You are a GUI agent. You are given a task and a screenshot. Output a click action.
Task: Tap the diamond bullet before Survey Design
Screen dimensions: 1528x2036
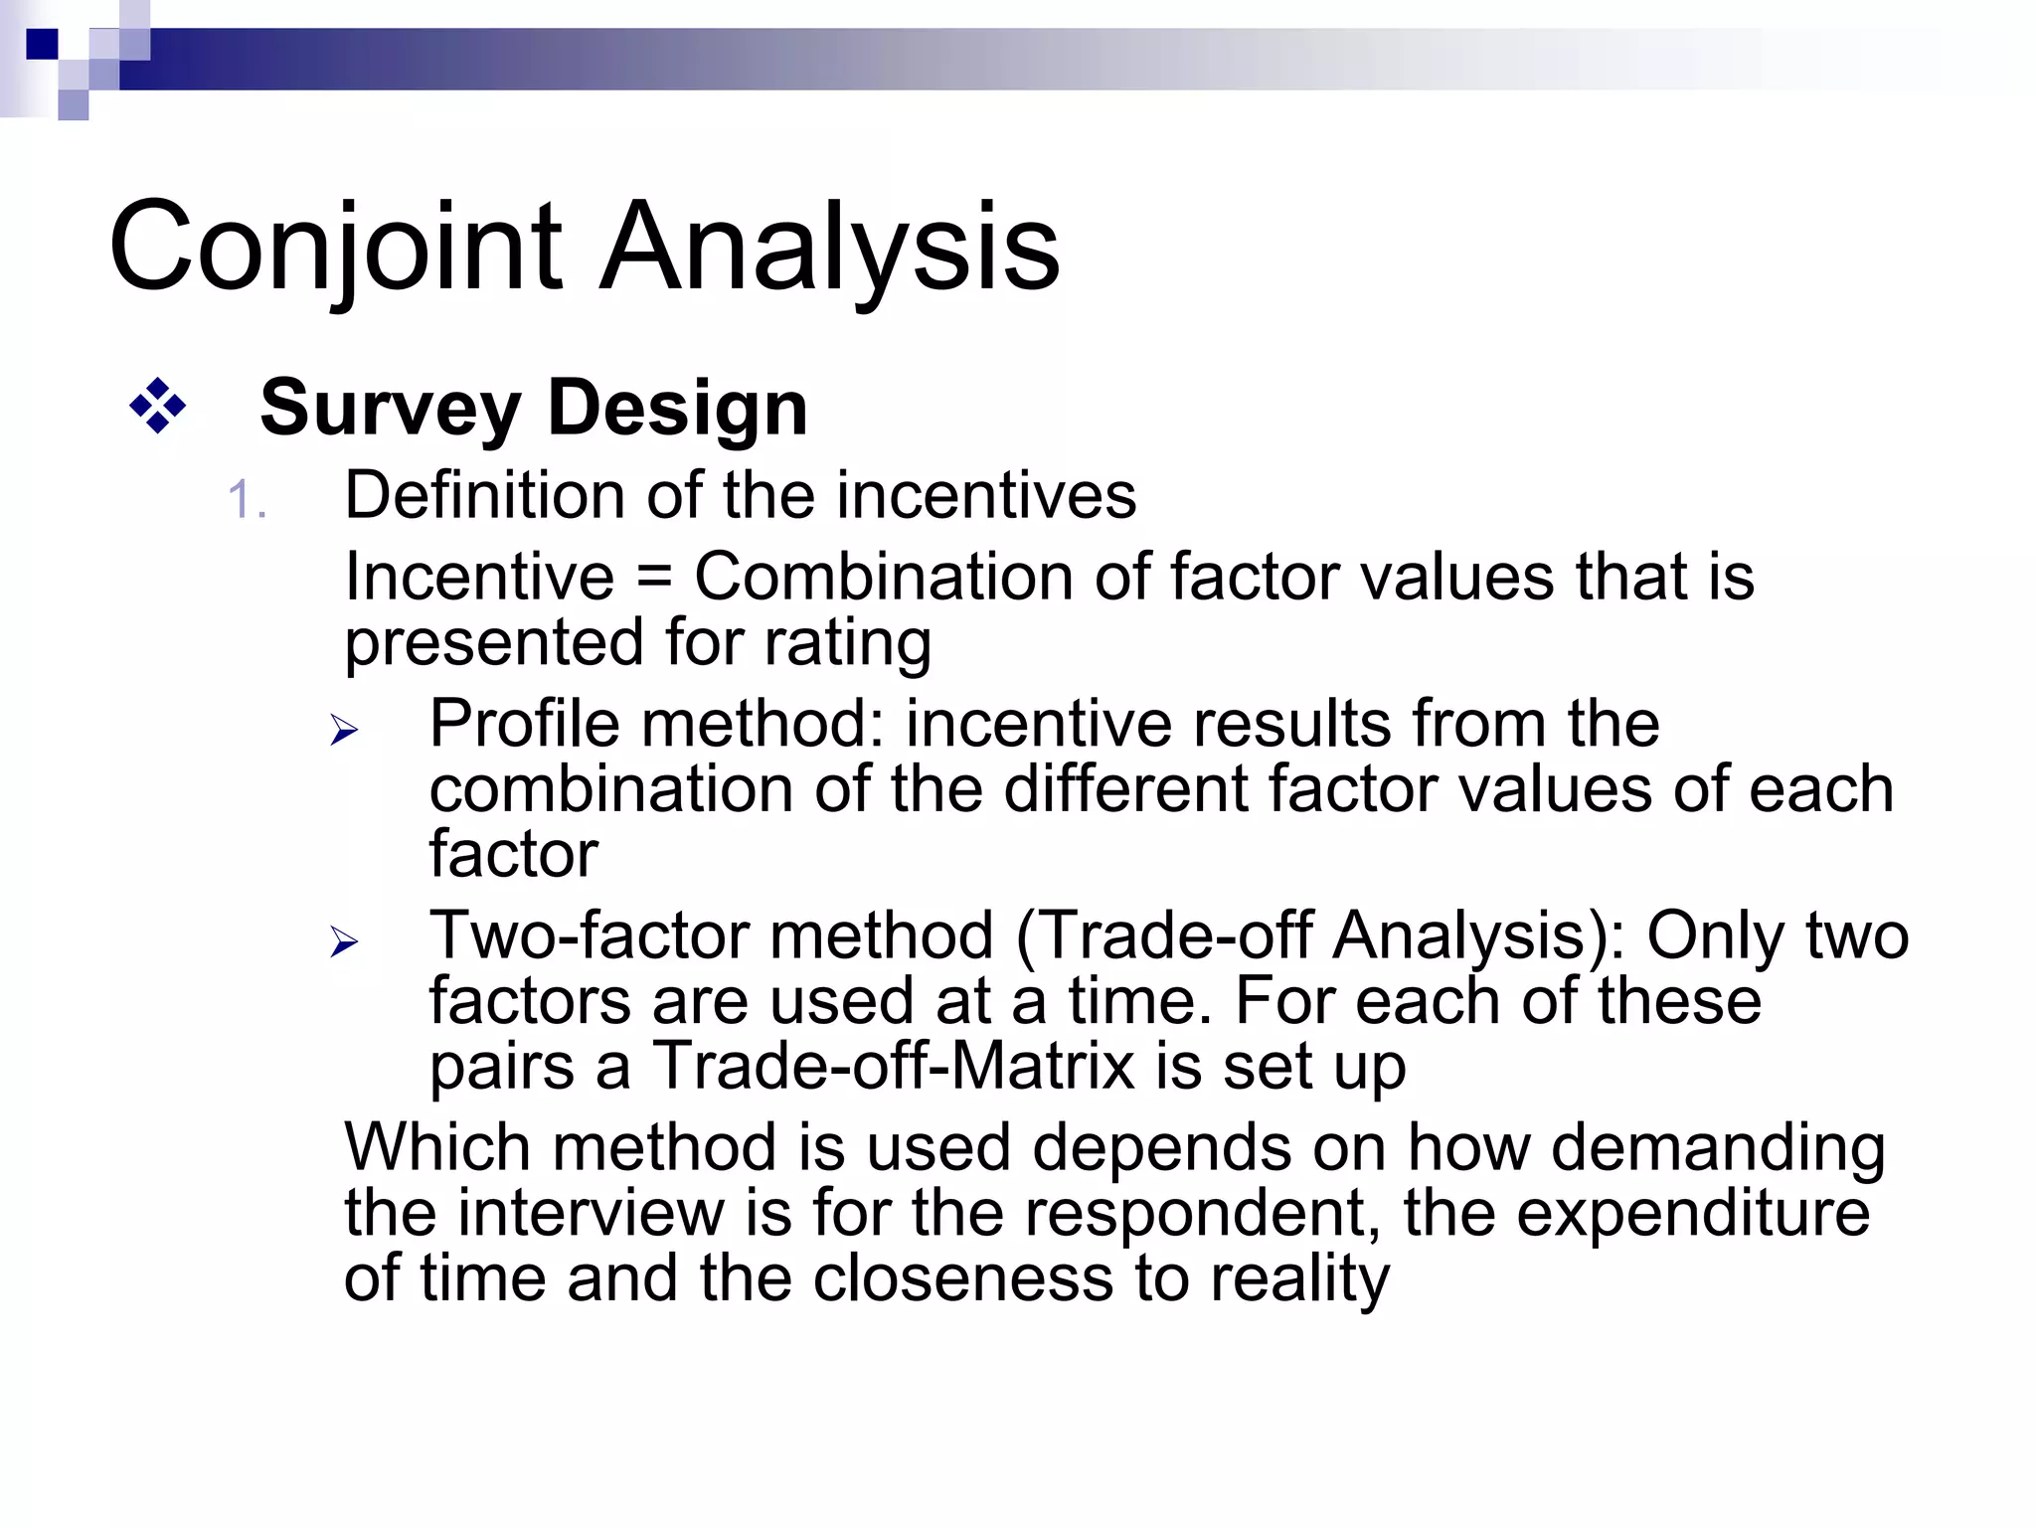coord(158,407)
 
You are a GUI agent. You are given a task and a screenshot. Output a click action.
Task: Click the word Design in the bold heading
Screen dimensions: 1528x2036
coord(677,409)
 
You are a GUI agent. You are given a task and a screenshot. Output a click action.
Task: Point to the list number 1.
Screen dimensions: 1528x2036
coord(246,499)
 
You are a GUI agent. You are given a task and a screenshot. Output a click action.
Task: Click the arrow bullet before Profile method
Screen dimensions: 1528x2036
coord(344,731)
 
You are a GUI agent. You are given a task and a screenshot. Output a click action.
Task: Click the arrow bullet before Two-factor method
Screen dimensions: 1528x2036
coord(344,941)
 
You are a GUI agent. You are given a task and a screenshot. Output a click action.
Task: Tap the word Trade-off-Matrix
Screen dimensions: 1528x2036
coord(893,1066)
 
